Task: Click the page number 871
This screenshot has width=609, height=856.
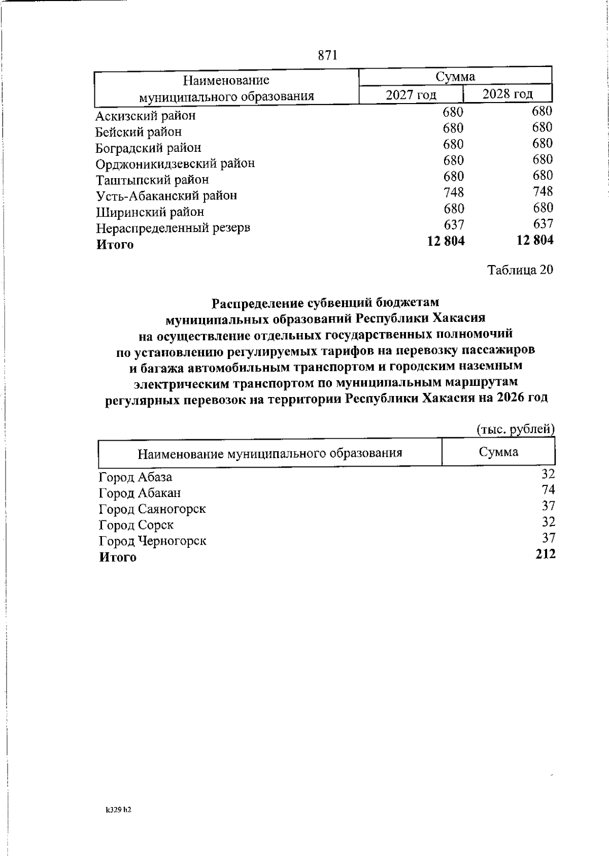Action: (328, 55)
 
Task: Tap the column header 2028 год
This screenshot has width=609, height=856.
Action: (507, 94)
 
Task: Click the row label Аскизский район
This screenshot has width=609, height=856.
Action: (146, 116)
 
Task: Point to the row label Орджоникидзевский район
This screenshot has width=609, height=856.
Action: (175, 163)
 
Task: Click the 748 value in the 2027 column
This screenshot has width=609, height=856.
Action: (453, 192)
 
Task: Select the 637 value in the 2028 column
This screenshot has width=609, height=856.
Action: (543, 223)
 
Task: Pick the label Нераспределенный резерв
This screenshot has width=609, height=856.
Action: (173, 228)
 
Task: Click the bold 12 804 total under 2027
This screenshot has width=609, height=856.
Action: (446, 241)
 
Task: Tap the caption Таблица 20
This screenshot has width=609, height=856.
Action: (520, 270)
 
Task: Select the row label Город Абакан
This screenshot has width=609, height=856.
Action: (140, 493)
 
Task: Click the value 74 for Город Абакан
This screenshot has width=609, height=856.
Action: (548, 490)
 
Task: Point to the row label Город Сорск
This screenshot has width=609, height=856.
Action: (136, 525)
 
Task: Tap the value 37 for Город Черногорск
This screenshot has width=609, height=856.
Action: (548, 538)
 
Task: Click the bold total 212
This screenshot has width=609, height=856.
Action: (546, 554)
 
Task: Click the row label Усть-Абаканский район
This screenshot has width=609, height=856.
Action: (166, 195)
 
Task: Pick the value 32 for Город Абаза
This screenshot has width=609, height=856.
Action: (548, 474)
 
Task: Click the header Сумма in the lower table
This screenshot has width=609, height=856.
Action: (498, 452)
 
